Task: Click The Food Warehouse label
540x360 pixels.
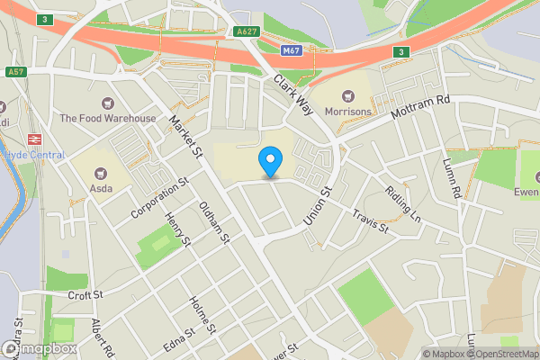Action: coord(108,118)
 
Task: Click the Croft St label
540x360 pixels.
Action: coord(86,294)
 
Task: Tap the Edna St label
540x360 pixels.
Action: coord(178,343)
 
